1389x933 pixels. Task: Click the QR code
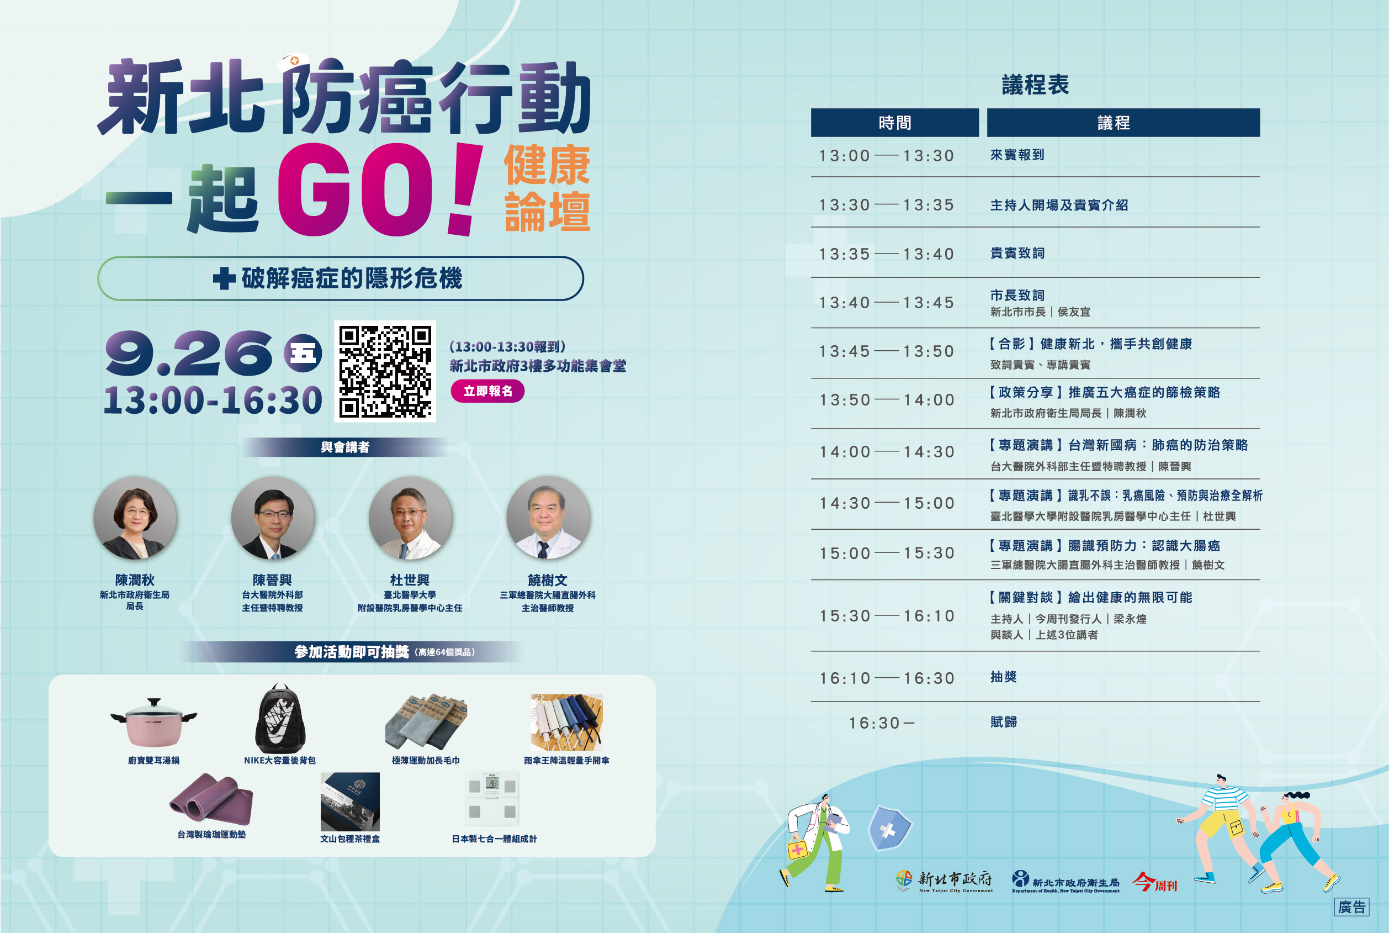click(385, 371)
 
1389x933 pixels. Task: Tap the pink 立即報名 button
click(487, 391)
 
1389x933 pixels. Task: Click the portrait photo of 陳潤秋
click(135, 518)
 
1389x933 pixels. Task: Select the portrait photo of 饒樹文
click(548, 518)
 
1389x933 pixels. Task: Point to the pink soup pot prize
click(153, 723)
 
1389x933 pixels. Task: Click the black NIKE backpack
click(280, 719)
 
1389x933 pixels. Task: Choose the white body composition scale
click(492, 799)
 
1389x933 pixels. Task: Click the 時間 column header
click(895, 123)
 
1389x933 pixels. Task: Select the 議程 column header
click(1123, 123)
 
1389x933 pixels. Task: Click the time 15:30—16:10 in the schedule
click(887, 616)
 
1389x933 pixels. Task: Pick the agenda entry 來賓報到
click(1017, 155)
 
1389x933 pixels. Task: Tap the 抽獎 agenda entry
click(1004, 677)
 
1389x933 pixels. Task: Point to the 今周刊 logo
click(1155, 882)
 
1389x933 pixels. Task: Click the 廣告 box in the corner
click(1351, 907)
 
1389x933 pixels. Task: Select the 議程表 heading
click(1035, 85)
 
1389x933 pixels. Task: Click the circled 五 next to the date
click(303, 354)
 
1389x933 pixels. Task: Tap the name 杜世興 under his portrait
click(410, 580)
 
